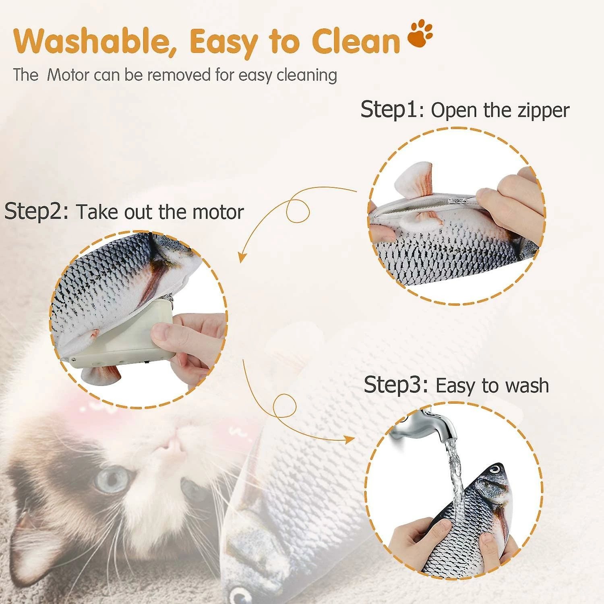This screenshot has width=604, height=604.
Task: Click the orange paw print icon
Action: click(x=420, y=35)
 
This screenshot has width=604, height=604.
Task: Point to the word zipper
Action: click(x=543, y=111)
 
